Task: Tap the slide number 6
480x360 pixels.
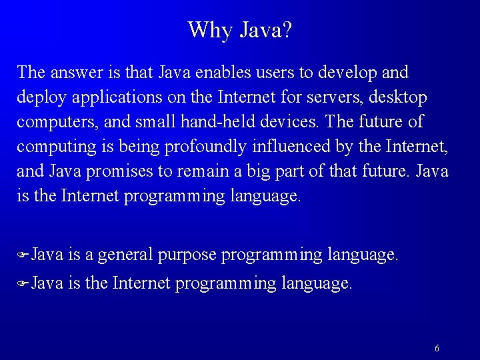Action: pyautogui.click(x=437, y=348)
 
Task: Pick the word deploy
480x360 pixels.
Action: pyautogui.click(x=43, y=99)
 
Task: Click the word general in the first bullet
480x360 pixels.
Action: pyautogui.click(x=125, y=255)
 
